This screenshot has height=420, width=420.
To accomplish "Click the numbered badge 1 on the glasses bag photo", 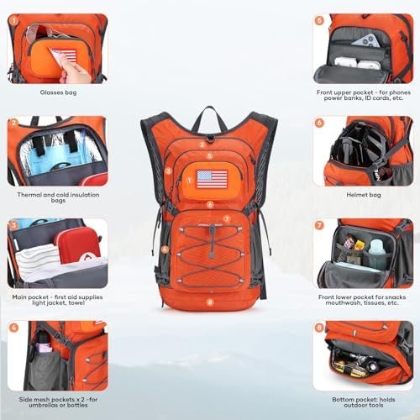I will (x=14, y=20).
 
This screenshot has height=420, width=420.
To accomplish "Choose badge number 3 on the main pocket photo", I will (x=14, y=225).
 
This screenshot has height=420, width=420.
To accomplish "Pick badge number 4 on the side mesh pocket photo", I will (x=14, y=328).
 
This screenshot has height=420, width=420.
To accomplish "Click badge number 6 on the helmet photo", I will (x=319, y=123).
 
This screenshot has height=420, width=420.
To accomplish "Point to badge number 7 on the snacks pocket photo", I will (x=319, y=225).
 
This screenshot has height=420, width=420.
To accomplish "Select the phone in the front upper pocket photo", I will (x=361, y=39).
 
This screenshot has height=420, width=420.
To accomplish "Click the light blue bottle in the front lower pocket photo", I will (x=375, y=251).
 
